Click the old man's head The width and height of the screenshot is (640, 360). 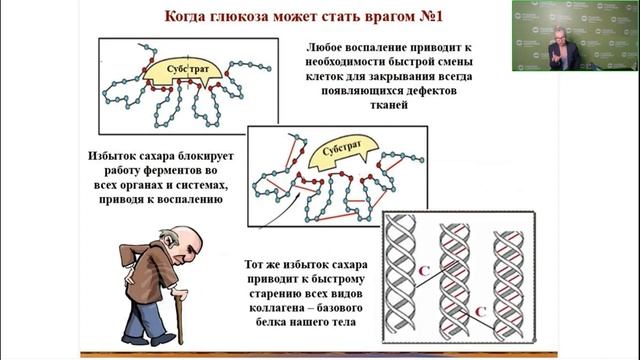(x=184, y=240)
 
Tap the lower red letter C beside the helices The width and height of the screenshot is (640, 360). (x=480, y=312)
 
